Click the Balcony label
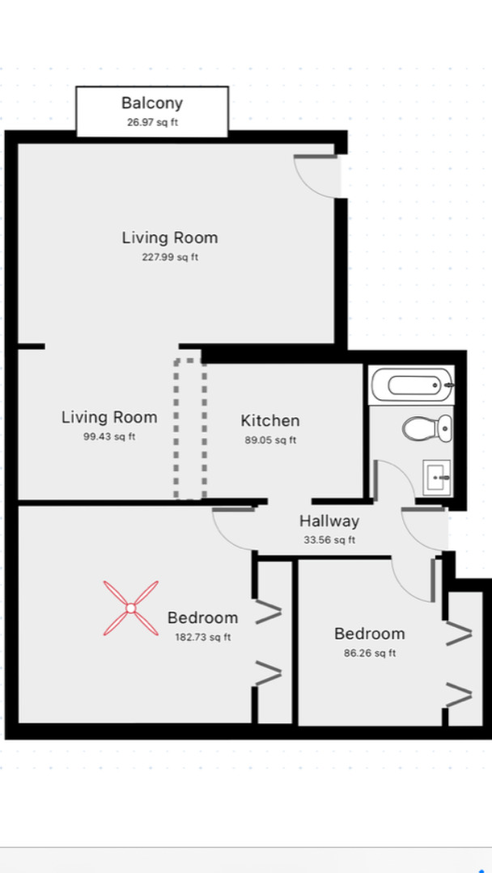click(152, 103)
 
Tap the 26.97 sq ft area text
click(152, 123)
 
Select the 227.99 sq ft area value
click(170, 258)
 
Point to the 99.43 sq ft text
click(108, 437)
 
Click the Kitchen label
click(270, 420)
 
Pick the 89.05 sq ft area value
click(269, 441)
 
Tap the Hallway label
click(329, 521)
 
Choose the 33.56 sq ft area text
click(329, 541)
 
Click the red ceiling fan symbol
click(130, 607)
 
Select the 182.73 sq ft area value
click(203, 637)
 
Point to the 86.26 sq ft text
click(369, 653)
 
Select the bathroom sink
click(438, 478)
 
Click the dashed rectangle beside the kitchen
click(190, 428)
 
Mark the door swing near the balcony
click(315, 174)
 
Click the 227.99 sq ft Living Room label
click(170, 238)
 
